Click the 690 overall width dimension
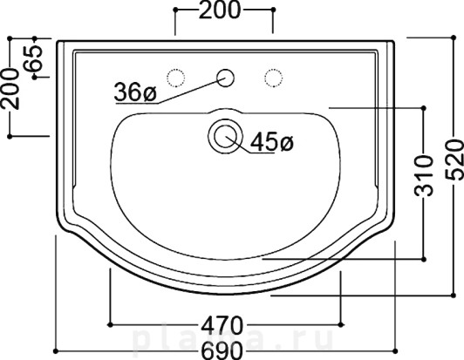(222, 350)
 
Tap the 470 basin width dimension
(222, 324)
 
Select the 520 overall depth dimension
(454, 160)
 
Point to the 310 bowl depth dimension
(423, 176)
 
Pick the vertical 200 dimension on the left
(10, 89)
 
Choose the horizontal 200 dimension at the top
(220, 10)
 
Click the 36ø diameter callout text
(135, 92)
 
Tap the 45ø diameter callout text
(271, 142)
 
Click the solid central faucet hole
(226, 78)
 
